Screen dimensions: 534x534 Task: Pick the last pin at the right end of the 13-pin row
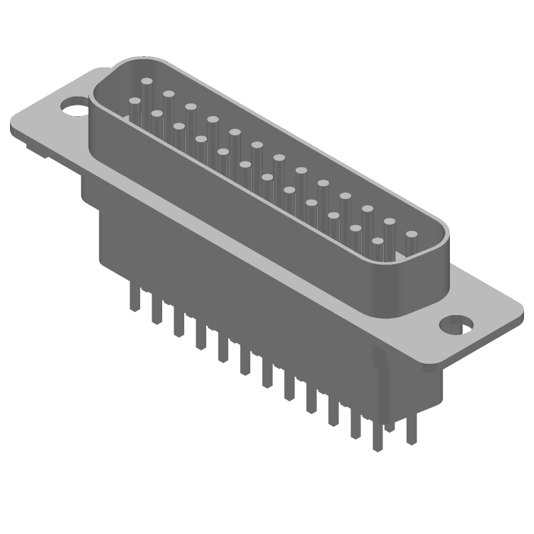[x=411, y=236]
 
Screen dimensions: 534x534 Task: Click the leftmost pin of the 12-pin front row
[x=134, y=103]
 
